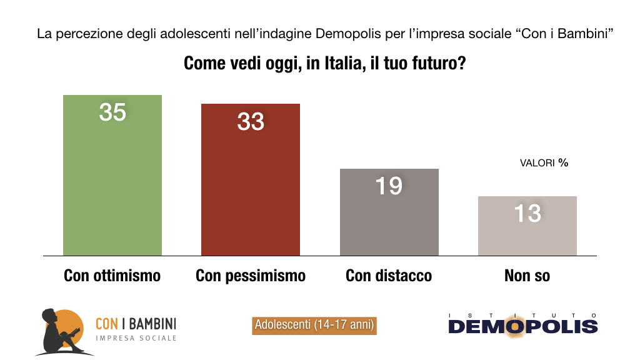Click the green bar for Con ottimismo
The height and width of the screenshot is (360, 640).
pos(112,187)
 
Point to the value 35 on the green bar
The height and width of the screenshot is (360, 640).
pos(112,112)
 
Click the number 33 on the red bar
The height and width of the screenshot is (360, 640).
pos(251,121)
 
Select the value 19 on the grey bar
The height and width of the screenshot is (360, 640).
pos(389,186)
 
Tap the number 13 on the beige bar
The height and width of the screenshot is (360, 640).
pos(527,214)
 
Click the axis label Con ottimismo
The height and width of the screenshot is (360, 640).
pos(112,276)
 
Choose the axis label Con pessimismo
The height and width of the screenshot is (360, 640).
pos(251,276)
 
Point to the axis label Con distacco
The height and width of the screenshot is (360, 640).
pos(389,276)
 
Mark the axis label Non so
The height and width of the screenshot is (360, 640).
pos(527,276)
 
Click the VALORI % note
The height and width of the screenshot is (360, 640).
pos(544,163)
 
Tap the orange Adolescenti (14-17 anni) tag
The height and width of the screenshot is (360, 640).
pos(314,325)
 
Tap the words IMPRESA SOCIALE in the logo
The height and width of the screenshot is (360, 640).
pos(136,338)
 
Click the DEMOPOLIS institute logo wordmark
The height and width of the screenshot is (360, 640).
pos(522,326)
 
